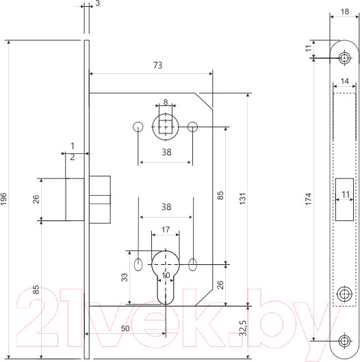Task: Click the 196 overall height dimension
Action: pos(6,198)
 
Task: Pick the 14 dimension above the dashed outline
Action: pos(344,81)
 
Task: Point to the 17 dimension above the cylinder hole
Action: pos(165,230)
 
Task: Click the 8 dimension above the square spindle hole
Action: pos(165,102)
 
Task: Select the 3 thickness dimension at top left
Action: pos(98,4)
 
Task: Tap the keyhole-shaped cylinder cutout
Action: pos(165,274)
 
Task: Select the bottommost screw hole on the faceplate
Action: pos(344,340)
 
